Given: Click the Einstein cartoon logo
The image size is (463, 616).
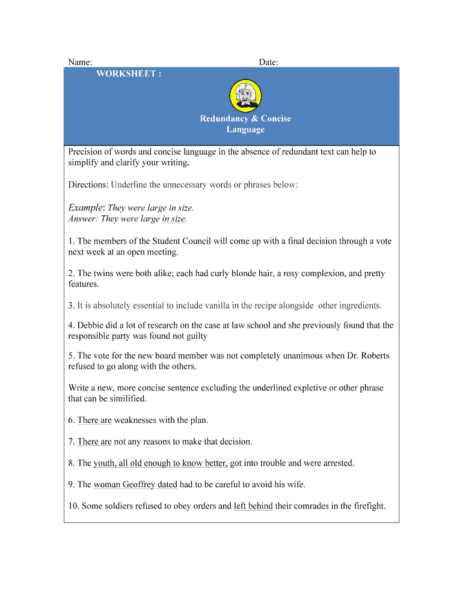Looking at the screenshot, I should tap(245, 96).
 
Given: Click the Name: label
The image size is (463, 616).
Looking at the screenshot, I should tap(80, 62).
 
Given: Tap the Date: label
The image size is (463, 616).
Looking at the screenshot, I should tap(268, 62).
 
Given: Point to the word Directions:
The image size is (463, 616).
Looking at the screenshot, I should tap(88, 185).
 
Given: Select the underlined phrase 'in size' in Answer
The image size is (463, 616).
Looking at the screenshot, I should tap(174, 219).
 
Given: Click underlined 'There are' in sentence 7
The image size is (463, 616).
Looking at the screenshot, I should tap(94, 442).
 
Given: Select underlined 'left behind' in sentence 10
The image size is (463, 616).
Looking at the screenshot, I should tap(253, 506).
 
